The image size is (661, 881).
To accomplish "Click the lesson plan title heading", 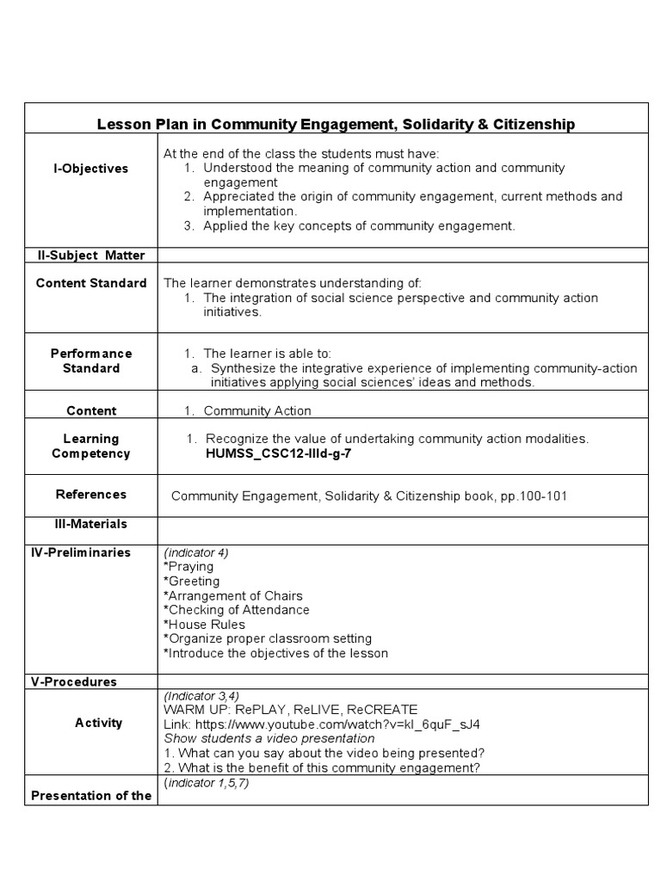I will tap(335, 125).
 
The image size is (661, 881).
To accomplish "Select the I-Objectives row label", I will tap(90, 169).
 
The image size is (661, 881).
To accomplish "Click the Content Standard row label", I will tap(90, 283).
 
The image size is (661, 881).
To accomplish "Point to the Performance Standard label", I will tap(90, 360).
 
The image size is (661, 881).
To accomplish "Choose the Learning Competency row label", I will tap(90, 446).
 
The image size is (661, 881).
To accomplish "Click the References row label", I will tap(90, 494).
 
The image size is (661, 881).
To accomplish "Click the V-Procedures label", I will tap(74, 681).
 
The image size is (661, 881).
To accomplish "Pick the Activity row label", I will tap(98, 723).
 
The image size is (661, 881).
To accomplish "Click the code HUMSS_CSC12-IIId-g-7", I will tap(278, 453).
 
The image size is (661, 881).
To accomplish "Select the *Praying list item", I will tap(188, 567).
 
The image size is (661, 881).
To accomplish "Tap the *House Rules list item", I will tap(204, 625).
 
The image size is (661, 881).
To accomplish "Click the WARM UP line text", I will tap(290, 710).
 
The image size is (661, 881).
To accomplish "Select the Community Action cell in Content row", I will tap(256, 411).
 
